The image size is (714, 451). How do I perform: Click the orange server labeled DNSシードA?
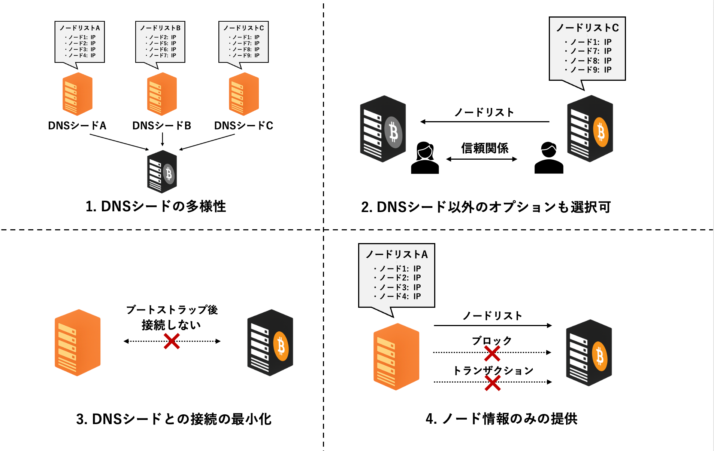(77, 94)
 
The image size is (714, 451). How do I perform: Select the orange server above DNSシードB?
(162, 94)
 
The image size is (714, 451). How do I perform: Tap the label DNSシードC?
(243, 126)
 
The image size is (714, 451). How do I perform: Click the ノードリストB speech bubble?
(160, 42)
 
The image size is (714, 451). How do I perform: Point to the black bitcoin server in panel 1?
(162, 172)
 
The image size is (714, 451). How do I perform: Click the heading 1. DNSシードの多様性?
(156, 206)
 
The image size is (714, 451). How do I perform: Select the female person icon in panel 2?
(425, 158)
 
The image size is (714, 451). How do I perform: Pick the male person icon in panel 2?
(548, 158)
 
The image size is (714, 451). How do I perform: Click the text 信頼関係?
(485, 148)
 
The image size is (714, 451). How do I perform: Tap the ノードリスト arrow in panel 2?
(485, 122)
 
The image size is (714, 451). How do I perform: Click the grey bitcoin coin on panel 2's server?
(393, 132)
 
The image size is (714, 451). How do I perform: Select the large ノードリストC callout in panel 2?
(587, 49)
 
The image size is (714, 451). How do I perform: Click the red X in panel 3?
(172, 341)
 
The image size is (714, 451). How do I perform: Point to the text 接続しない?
(171, 325)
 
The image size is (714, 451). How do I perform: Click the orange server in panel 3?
(78, 343)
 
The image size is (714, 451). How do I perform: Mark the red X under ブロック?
(492, 353)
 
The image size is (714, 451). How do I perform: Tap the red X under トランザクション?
(492, 383)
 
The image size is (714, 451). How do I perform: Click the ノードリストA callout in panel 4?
(397, 275)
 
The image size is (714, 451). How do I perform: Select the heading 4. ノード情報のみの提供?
(502, 419)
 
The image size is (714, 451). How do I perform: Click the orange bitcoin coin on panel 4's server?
(600, 356)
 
